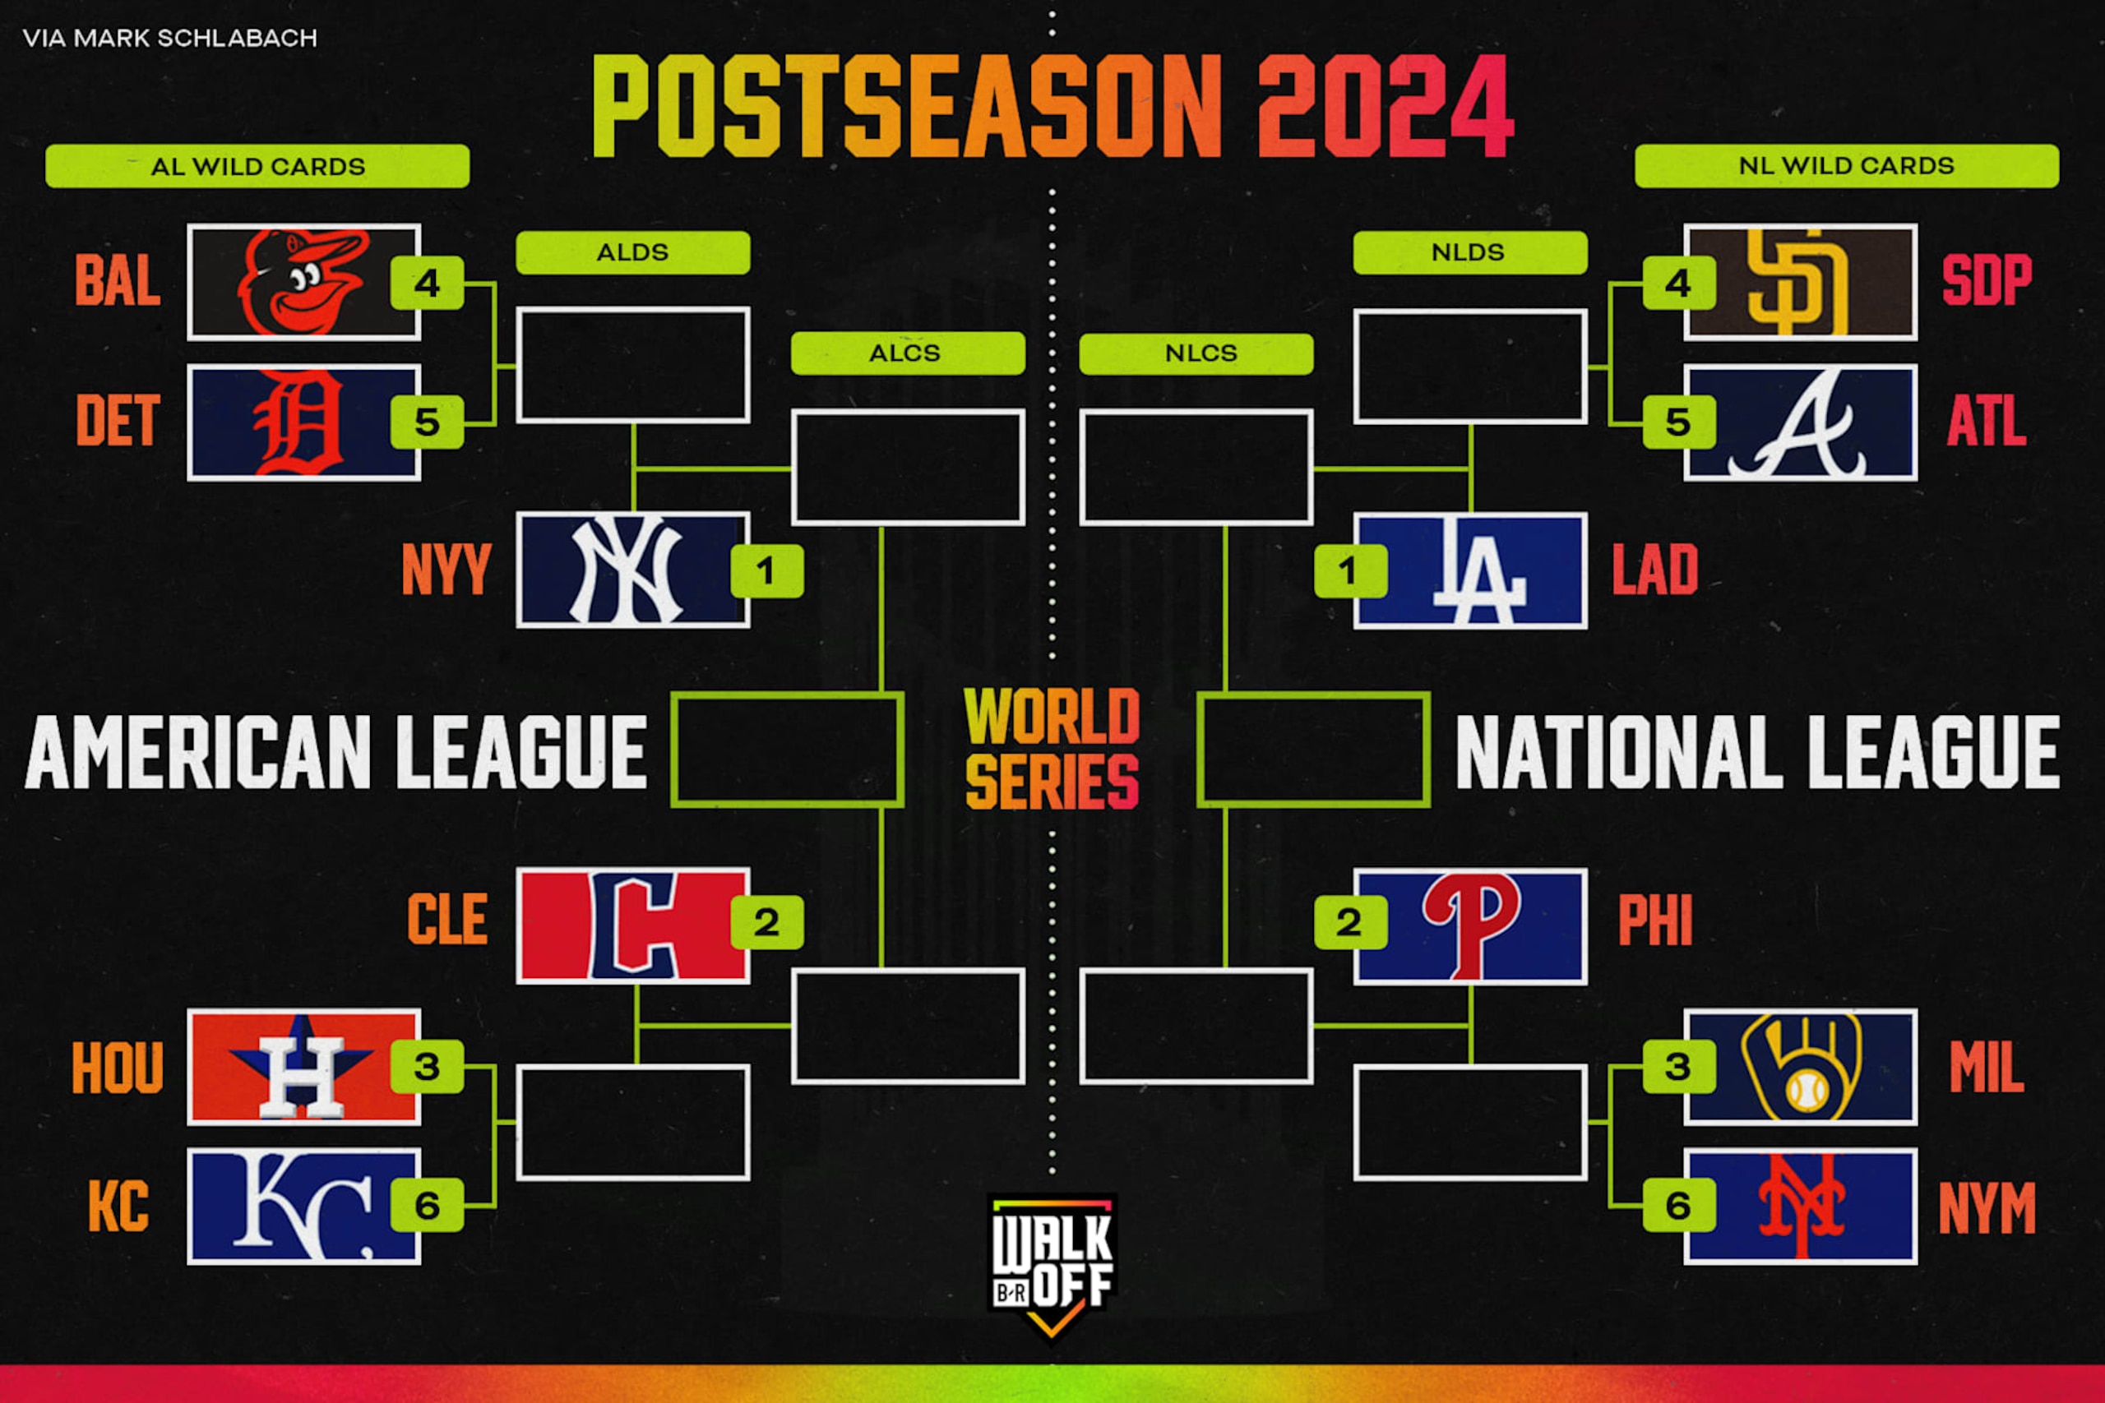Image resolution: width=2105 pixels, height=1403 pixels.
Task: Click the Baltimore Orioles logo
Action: point(303,282)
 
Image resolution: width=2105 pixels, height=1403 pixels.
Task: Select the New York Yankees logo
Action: point(627,570)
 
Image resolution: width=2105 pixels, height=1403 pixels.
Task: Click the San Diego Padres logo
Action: point(1797,282)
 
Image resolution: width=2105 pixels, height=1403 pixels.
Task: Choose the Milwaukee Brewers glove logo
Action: point(1802,1067)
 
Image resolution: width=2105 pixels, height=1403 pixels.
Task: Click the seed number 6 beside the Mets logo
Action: point(1678,1205)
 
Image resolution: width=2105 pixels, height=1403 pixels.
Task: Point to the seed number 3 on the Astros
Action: point(427,1067)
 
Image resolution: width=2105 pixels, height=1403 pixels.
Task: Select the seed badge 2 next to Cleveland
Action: point(766,922)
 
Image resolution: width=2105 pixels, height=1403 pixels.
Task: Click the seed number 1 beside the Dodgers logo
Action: point(1349,571)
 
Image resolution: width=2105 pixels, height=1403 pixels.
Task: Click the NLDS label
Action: point(1469,252)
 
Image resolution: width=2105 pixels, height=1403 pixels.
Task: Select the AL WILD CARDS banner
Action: point(257,166)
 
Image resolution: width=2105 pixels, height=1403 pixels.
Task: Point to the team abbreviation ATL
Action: point(1987,422)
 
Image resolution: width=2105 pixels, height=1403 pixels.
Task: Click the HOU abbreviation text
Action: point(118,1068)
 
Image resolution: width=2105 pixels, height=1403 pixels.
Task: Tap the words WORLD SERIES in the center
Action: point(1052,748)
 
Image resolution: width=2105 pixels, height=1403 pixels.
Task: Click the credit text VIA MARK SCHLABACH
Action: point(170,38)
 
